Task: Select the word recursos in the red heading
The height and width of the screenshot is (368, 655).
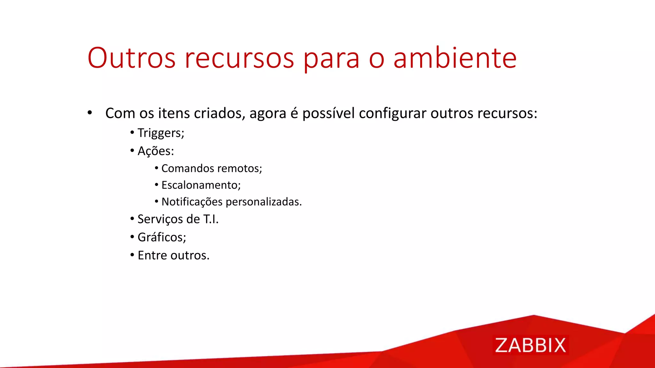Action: click(239, 58)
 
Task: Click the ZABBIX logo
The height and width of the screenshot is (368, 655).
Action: click(530, 345)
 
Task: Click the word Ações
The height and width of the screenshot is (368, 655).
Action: click(155, 151)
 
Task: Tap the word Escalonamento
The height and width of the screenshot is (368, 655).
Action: click(201, 185)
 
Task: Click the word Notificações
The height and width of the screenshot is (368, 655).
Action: click(192, 202)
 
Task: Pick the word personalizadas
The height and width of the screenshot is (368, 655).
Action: click(264, 202)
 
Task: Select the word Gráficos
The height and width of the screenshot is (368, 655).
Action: click(162, 237)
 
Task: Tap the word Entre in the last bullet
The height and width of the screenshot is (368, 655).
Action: click(152, 256)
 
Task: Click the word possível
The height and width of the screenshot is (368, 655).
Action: click(328, 113)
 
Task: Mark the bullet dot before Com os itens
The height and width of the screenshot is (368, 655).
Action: click(90, 113)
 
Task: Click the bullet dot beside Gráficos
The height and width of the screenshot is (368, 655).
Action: click(132, 237)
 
